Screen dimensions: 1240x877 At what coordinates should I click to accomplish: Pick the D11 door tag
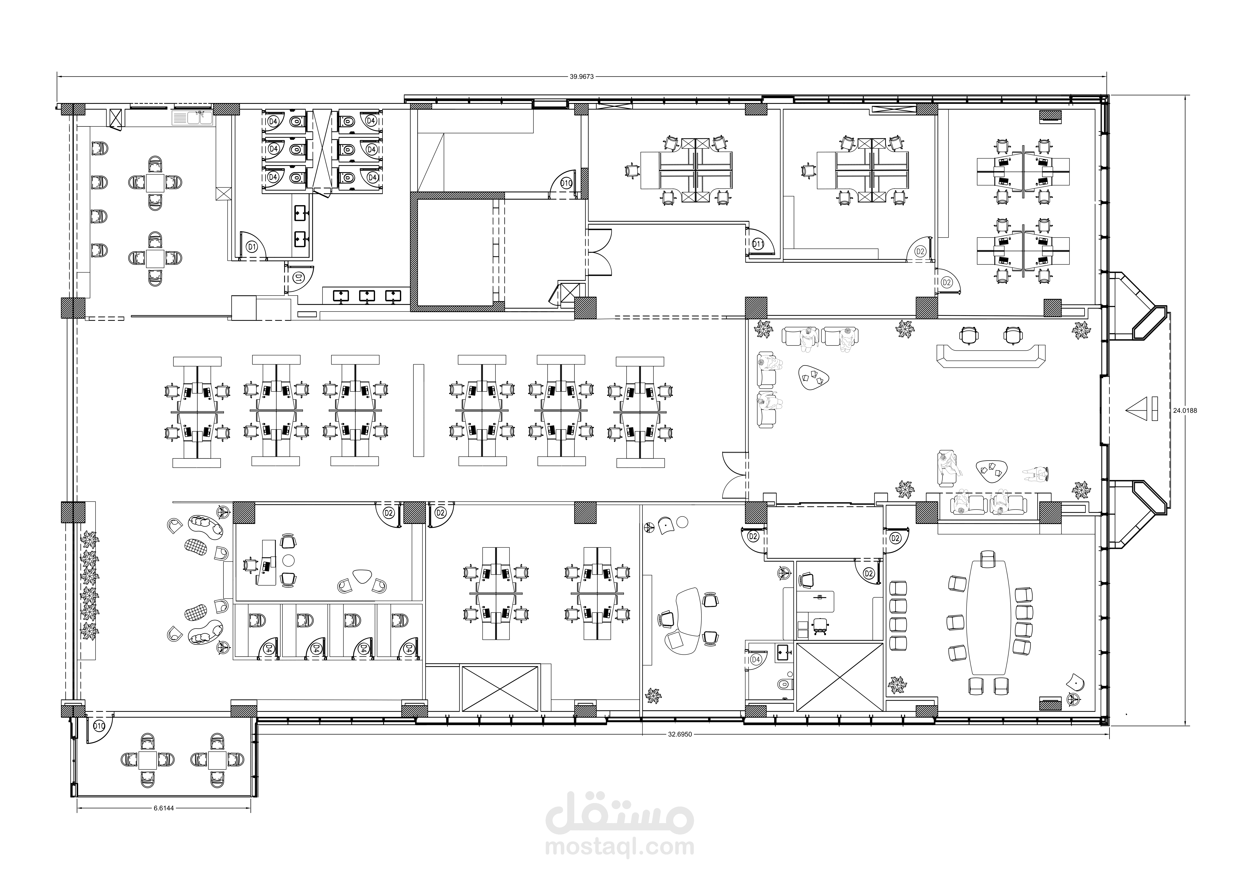[758, 244]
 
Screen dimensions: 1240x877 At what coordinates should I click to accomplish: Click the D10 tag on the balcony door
[98, 726]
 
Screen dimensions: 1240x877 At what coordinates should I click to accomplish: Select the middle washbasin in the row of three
[367, 295]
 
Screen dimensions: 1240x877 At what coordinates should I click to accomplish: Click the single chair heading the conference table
[988, 559]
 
